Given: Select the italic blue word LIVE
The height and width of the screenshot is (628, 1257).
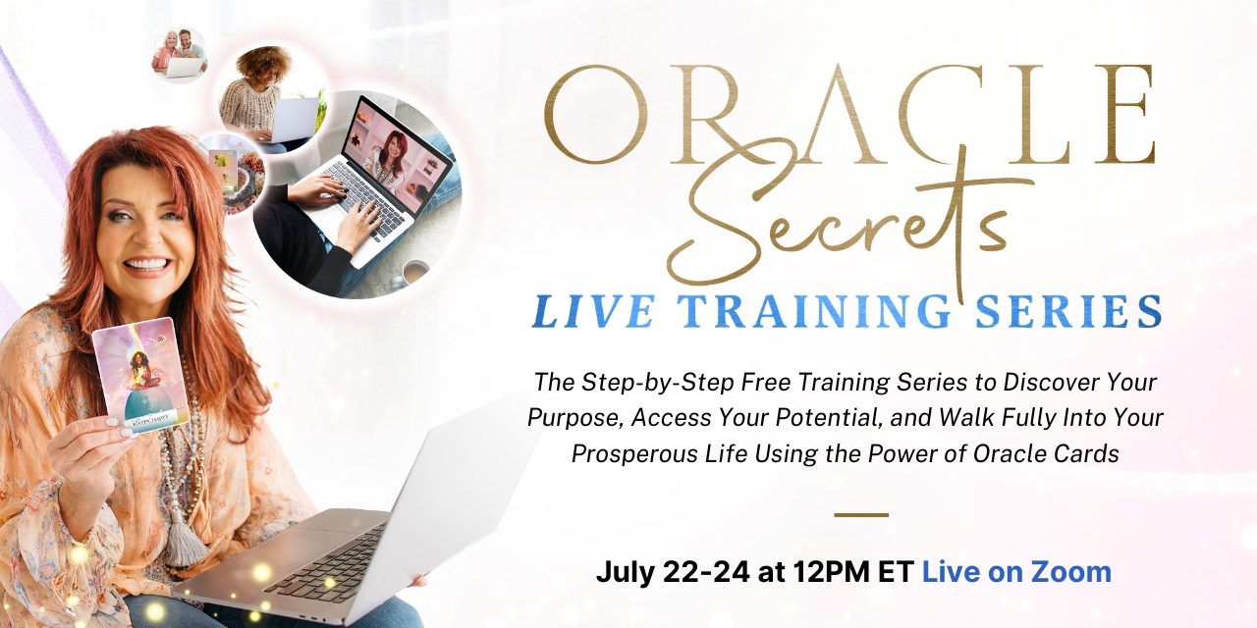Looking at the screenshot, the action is click(x=595, y=311).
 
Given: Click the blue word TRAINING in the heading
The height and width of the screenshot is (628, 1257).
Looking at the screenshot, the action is click(x=815, y=311).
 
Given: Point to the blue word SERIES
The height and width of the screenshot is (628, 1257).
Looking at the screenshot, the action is click(x=1069, y=311).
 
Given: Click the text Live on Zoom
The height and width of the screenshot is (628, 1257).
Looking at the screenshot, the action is click(x=1016, y=572).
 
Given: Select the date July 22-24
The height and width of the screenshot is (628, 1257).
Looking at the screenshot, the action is click(x=673, y=572).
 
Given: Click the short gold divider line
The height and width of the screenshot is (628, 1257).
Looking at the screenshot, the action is click(x=861, y=514).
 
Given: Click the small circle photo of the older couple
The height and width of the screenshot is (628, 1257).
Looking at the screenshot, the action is click(x=180, y=55).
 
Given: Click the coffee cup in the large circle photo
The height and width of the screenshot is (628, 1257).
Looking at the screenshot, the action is click(x=414, y=272).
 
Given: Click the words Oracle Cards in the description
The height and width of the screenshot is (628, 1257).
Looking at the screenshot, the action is click(x=1046, y=453).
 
